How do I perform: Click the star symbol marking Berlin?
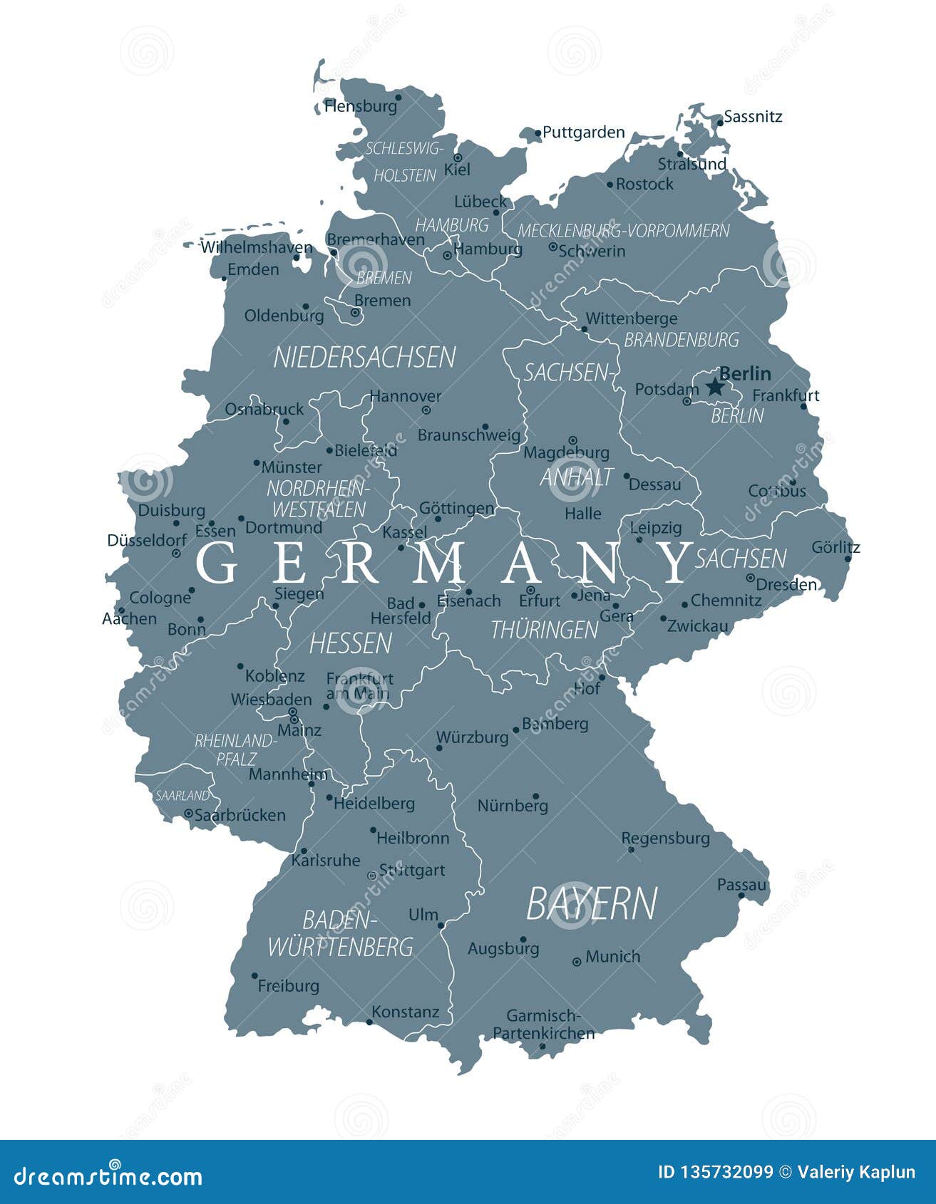click(714, 387)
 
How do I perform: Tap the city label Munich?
click(612, 957)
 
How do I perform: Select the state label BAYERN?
click(591, 903)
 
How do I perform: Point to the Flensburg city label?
click(361, 106)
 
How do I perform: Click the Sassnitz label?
click(753, 116)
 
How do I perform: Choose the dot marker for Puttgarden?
click(538, 132)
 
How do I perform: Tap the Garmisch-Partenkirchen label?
click(544, 1024)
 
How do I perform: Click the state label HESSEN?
click(350, 643)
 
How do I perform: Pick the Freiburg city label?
click(288, 986)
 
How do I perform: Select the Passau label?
click(741, 884)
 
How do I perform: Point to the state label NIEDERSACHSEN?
click(364, 357)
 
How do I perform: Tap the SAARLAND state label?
click(182, 795)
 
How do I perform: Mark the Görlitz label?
click(835, 547)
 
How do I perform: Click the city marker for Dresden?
click(750, 578)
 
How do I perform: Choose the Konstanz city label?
click(405, 1012)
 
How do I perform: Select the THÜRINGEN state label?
click(544, 630)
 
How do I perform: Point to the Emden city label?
click(253, 269)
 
